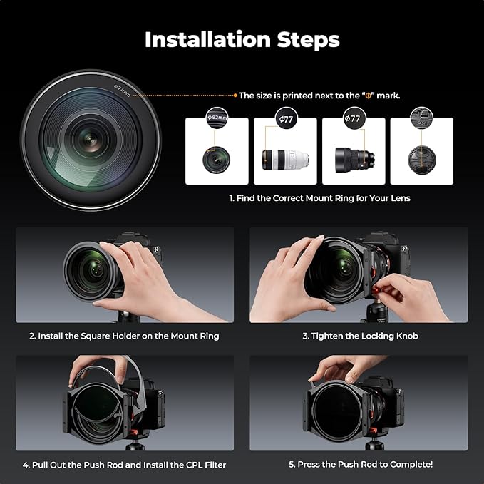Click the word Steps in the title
pyautogui.click(x=308, y=40)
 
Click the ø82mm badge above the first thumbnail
pyautogui.click(x=217, y=119)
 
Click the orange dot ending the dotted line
pyautogui.click(x=235, y=95)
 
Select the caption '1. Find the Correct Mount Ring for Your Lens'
pyautogui.click(x=319, y=198)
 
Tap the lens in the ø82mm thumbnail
pyautogui.click(x=217, y=159)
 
